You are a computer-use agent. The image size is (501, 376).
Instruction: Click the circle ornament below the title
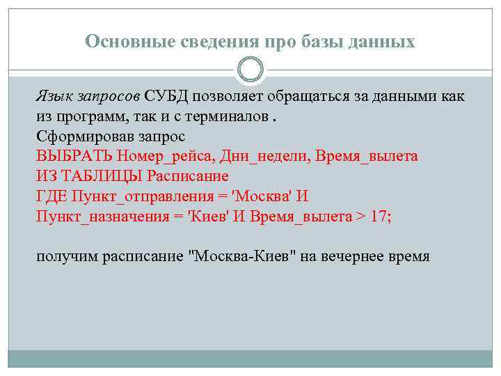pos(250,70)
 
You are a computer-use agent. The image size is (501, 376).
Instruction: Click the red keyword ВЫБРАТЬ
pos(75,156)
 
